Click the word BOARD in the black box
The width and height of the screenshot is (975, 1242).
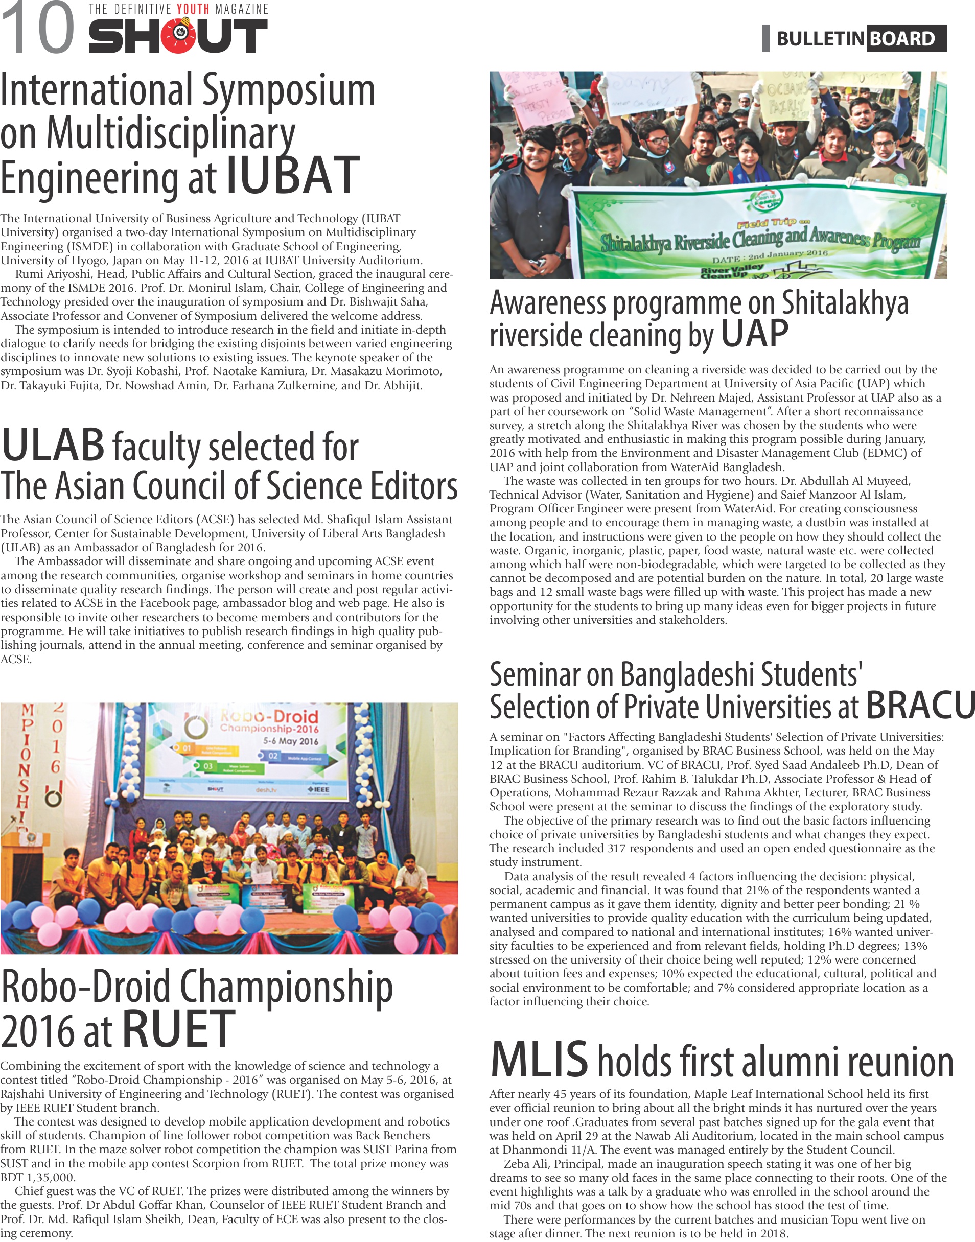[x=901, y=39]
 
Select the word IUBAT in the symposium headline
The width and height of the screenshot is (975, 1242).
[x=293, y=176]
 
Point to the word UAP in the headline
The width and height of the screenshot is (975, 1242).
[x=754, y=334]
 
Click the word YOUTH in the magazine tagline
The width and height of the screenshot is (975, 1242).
[x=193, y=10]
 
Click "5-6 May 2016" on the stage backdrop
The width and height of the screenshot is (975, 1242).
[x=290, y=741]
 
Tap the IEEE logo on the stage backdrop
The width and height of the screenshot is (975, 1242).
[x=318, y=789]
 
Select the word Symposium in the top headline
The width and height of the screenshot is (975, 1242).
[x=289, y=91]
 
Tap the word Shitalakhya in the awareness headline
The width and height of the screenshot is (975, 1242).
[x=844, y=302]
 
